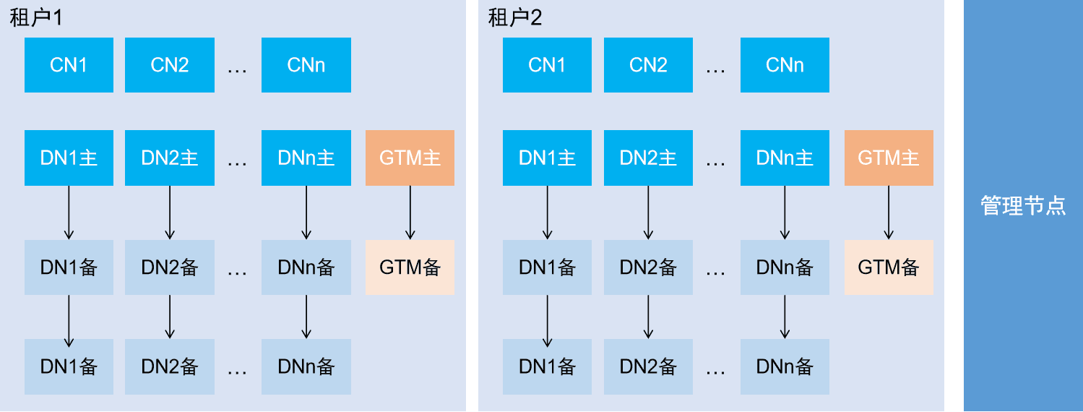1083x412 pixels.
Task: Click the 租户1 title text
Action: (x=36, y=18)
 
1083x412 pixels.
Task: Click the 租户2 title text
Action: (x=515, y=18)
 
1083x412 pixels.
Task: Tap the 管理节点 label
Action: (x=1023, y=206)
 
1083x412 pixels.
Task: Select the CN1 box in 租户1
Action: (x=69, y=65)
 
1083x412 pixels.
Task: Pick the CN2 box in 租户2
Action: (x=648, y=65)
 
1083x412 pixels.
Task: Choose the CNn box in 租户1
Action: (x=306, y=65)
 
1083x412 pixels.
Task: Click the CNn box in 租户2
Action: (x=785, y=65)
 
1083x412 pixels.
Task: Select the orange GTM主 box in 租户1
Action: (x=410, y=158)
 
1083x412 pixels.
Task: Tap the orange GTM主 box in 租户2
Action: (x=889, y=158)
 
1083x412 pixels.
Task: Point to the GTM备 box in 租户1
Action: (x=410, y=267)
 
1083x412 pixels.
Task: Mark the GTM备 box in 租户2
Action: (x=889, y=267)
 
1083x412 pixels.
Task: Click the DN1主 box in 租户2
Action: (x=547, y=158)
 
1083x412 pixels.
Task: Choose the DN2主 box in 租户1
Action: (x=170, y=158)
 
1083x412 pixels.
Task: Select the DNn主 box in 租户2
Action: (x=785, y=158)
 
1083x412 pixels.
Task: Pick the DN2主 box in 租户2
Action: (x=648, y=158)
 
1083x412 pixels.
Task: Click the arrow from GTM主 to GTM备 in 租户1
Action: (x=410, y=213)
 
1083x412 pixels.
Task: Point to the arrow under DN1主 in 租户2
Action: (x=547, y=213)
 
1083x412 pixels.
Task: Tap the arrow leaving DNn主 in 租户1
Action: (x=306, y=213)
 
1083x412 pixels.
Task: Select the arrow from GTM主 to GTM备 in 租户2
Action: (x=889, y=213)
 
